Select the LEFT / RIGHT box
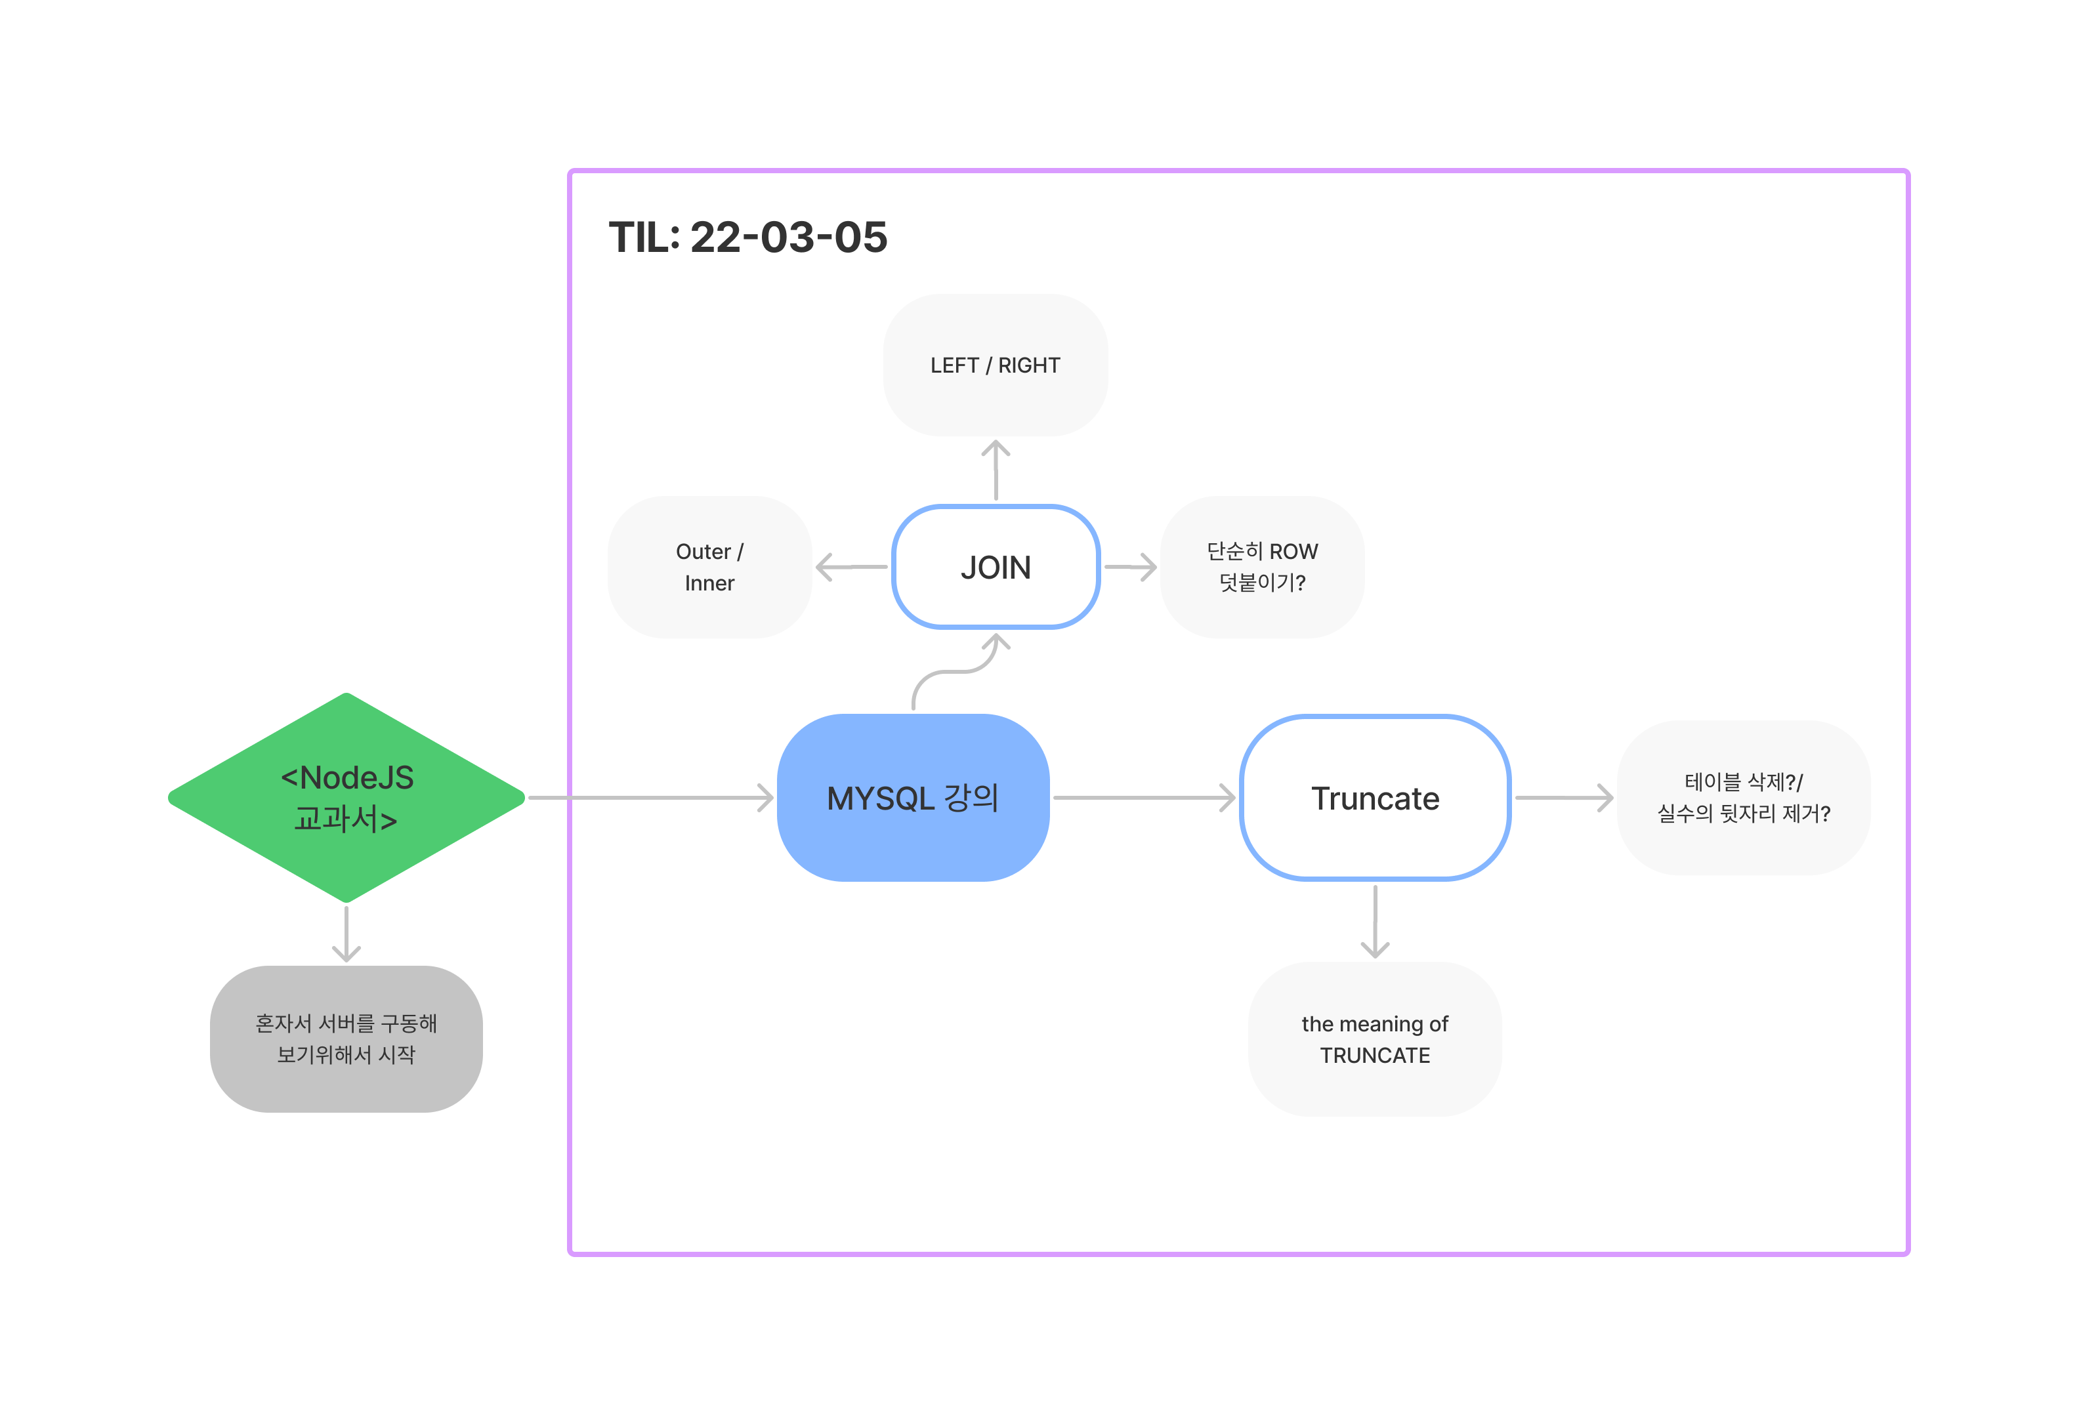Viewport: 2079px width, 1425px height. click(x=995, y=365)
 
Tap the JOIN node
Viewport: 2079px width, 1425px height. click(x=995, y=567)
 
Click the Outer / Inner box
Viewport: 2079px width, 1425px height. click(x=709, y=567)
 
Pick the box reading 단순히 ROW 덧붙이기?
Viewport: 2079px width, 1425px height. click(x=1261, y=567)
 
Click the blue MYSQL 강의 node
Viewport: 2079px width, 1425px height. click(x=912, y=797)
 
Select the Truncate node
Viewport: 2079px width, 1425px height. click(x=1375, y=797)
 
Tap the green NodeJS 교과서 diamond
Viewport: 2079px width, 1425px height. click(x=346, y=797)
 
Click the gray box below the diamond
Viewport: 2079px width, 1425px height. click(x=346, y=1039)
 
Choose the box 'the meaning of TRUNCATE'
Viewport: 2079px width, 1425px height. click(x=1375, y=1039)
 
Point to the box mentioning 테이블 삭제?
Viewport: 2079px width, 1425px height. click(x=1742, y=797)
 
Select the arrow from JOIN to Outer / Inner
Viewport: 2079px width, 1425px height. click(x=852, y=567)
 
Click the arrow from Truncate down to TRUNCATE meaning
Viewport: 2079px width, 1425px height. click(x=1375, y=921)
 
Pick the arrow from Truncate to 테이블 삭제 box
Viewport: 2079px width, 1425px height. click(x=1564, y=797)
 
